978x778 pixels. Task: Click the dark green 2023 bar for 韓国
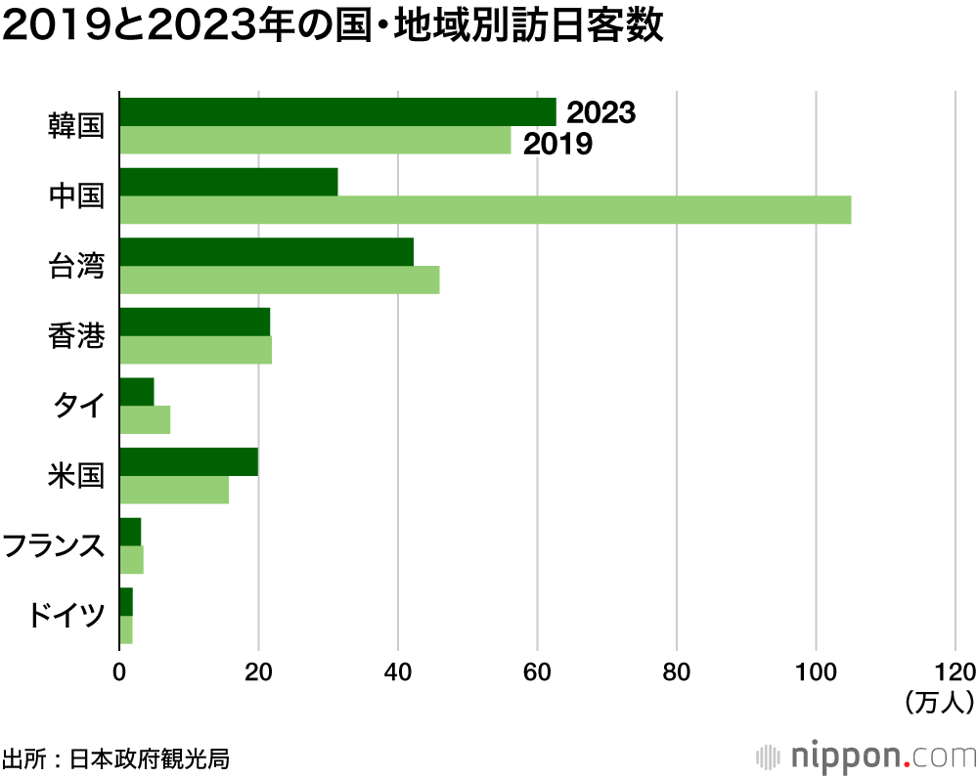337,111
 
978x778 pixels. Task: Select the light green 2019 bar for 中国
485,210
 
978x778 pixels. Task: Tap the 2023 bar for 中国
228,182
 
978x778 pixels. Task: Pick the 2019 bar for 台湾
279,281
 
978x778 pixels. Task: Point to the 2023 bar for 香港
195,322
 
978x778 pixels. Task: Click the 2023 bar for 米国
189,462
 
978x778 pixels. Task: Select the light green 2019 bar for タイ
145,420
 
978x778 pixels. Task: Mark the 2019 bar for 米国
174,491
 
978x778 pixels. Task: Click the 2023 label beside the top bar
601,112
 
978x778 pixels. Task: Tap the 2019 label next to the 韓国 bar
558,145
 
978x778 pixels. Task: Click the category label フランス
53,546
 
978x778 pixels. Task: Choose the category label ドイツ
63,617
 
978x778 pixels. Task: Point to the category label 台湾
76,266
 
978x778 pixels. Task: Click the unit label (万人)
939,701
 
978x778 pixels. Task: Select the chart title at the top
333,28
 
